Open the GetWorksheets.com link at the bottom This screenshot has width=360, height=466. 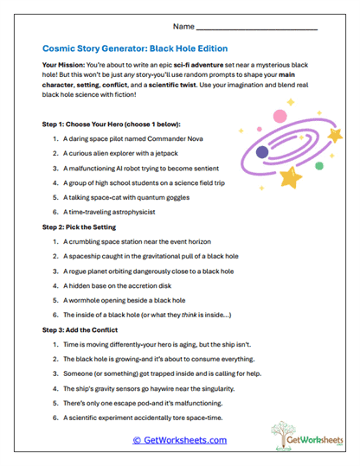[x=179, y=440]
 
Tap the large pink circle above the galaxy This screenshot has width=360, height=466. [x=279, y=116]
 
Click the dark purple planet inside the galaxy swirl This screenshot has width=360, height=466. [x=262, y=152]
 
